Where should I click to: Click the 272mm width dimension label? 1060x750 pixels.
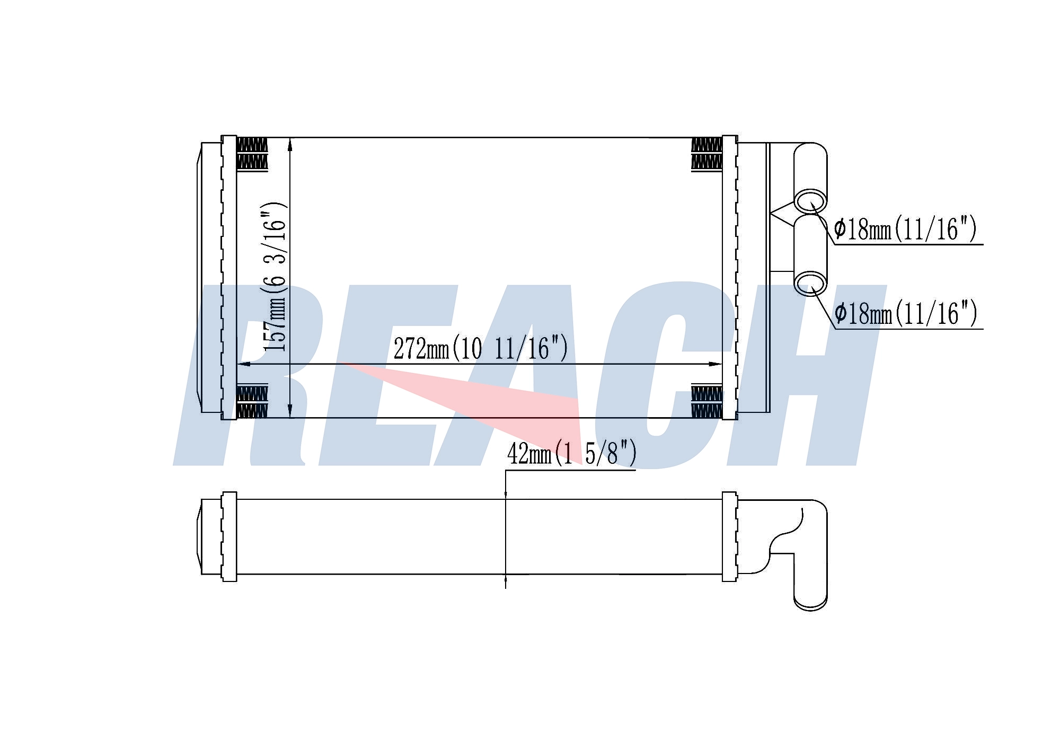[480, 348]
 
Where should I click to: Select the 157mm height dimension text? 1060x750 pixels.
[275, 277]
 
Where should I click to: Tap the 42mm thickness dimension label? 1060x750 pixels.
[571, 453]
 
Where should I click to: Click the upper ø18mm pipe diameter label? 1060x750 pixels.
[905, 229]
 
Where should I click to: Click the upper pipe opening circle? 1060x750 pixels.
[810, 202]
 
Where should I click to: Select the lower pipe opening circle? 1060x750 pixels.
[810, 284]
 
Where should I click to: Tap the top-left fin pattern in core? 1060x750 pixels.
[252, 154]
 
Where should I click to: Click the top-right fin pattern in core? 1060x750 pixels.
[706, 154]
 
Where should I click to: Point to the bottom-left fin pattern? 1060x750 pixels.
[252, 401]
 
